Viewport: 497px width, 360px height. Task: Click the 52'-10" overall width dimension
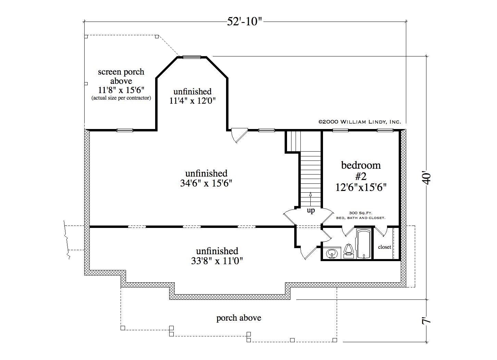(x=245, y=22)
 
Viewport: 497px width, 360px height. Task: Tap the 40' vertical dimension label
(x=426, y=178)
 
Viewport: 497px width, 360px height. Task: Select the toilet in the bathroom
(x=349, y=251)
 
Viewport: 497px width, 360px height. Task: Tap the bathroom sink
(x=332, y=253)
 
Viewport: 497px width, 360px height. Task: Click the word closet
(x=385, y=247)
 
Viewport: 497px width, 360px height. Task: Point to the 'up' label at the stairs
(x=311, y=210)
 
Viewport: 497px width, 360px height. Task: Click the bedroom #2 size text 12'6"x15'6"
(x=361, y=188)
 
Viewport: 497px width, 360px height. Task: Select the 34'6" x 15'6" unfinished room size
(x=206, y=183)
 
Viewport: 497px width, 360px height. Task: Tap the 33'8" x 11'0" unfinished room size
(x=217, y=261)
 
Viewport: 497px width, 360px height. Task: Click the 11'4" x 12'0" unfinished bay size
(x=192, y=101)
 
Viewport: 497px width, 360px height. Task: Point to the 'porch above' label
(x=239, y=318)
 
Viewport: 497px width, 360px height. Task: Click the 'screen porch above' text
(x=121, y=76)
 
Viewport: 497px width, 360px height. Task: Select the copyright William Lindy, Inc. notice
(x=360, y=122)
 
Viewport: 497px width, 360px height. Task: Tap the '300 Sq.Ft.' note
(x=360, y=213)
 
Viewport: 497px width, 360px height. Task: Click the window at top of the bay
(x=192, y=57)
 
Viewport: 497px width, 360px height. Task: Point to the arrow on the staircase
(x=310, y=200)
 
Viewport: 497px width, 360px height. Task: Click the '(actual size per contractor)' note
(x=121, y=98)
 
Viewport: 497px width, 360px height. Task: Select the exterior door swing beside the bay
(x=239, y=135)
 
